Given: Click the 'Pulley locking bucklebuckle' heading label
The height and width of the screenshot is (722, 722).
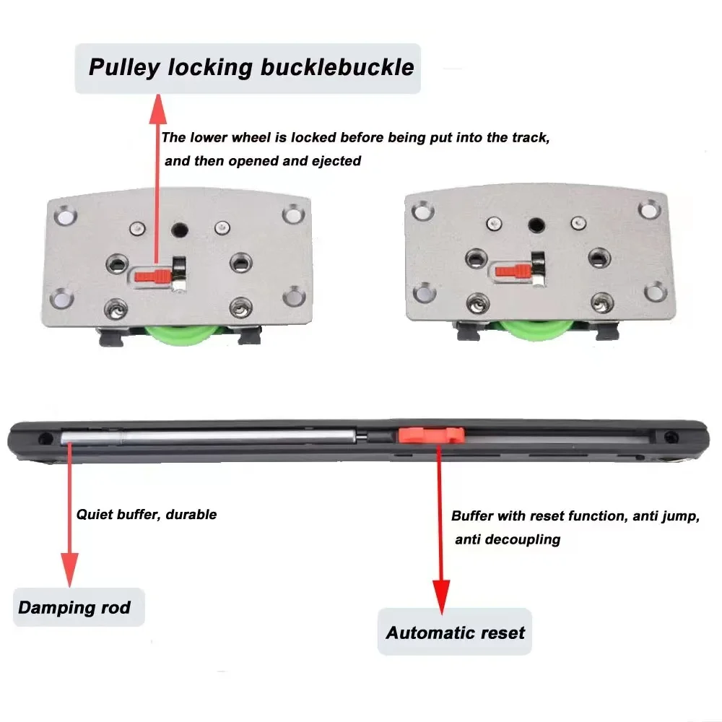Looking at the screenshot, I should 248,68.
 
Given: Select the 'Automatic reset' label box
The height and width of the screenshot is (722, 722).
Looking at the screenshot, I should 455,632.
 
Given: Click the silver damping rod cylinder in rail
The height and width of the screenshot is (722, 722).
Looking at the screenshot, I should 209,436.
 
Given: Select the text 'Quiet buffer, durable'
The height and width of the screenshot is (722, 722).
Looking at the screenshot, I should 147,515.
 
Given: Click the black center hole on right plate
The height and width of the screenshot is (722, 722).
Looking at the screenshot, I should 534,225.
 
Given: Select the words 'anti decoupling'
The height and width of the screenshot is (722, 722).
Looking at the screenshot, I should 508,539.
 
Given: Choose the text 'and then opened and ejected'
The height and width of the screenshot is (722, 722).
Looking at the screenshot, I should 263,161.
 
